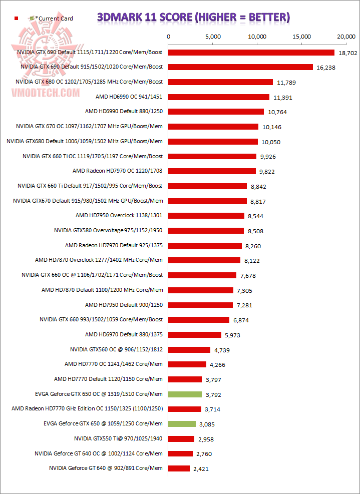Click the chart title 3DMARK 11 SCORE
193,18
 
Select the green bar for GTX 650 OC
185,394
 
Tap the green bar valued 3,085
182,424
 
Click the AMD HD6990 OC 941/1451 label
129,97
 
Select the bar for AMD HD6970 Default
194,334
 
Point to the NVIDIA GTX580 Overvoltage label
108,231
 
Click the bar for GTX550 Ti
181,439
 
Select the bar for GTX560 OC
189,349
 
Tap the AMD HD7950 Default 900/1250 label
124,305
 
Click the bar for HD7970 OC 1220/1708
212,171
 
